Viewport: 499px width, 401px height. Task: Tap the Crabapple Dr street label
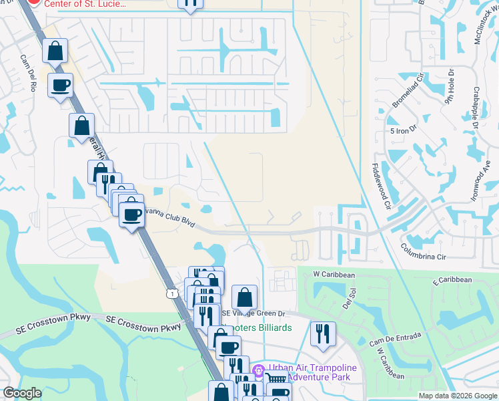(474, 105)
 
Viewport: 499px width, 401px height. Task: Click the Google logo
(22, 393)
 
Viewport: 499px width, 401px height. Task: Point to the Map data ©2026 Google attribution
(457, 396)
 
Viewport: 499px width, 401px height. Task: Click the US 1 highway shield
(173, 293)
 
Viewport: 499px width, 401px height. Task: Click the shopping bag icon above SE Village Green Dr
(245, 296)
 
